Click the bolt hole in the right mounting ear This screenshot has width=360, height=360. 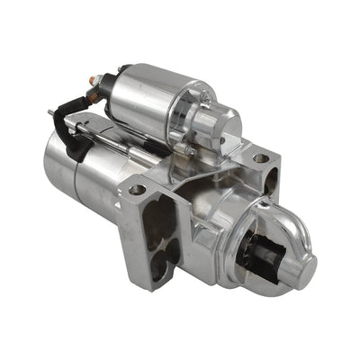260,157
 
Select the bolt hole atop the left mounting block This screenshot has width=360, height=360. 138,190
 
